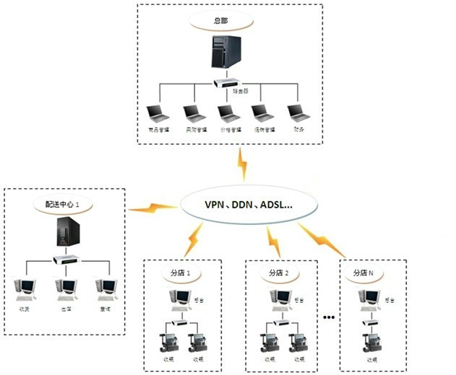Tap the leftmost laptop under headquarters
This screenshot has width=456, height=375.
click(155, 113)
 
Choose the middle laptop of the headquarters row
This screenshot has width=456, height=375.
click(227, 113)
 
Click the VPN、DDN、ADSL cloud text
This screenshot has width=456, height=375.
click(249, 204)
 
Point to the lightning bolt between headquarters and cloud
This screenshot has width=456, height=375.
click(242, 165)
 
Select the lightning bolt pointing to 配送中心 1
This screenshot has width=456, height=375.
click(152, 209)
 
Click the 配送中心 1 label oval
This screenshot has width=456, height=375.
click(63, 205)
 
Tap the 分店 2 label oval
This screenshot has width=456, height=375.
click(278, 273)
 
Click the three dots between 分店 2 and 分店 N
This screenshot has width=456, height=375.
click(330, 317)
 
